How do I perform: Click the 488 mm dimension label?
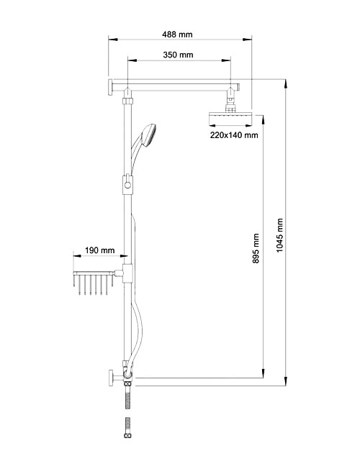tap(177, 35)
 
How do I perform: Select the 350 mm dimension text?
tap(179, 55)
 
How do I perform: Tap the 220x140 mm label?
tap(234, 135)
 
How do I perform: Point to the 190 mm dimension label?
tap(100, 250)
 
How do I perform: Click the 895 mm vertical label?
tap(256, 249)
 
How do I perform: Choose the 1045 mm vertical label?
tap(279, 235)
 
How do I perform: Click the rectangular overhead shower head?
tap(230, 119)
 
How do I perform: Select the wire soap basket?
tap(93, 282)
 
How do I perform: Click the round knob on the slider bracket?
tap(128, 186)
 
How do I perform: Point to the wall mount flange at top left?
tap(110, 87)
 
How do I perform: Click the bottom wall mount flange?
tap(111, 378)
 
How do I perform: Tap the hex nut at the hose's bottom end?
tap(127, 435)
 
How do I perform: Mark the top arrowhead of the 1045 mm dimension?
tap(286, 83)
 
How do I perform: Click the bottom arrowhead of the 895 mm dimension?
tap(264, 373)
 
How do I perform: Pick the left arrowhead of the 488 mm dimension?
tap(113, 39)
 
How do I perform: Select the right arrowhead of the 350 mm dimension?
tap(226, 60)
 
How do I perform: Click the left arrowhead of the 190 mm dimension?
tap(78, 256)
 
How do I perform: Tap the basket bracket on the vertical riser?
tap(127, 273)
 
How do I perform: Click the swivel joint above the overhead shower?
tap(230, 96)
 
